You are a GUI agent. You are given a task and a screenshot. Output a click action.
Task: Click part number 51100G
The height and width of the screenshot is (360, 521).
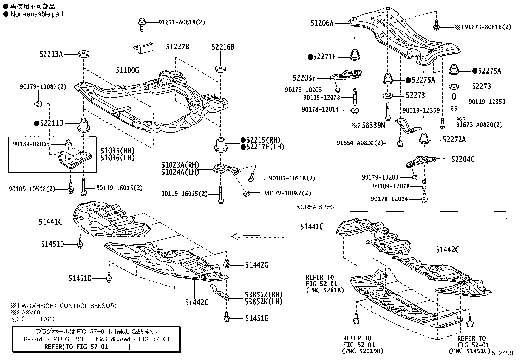coord(127,70)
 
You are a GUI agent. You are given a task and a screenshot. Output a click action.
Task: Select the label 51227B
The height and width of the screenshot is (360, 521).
coord(177,47)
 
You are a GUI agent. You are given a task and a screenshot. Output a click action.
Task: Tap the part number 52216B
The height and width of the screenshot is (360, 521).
coord(223,47)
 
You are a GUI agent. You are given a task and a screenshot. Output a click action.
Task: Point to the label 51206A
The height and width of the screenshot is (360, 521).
coord(322,23)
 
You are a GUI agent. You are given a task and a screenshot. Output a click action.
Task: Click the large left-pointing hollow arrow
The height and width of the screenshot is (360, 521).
coord(260,236)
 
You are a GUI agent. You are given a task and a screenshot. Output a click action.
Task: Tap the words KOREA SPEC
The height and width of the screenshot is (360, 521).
coord(315,207)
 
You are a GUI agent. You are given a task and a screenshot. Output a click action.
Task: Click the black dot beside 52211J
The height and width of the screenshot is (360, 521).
coord(36,123)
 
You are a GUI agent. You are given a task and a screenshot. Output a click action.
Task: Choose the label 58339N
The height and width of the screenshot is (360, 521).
coord(373,125)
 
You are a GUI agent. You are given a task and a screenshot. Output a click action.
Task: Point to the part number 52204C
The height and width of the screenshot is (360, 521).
coord(463,160)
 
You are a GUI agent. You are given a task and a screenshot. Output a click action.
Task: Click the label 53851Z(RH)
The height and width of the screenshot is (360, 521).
coord(264,294)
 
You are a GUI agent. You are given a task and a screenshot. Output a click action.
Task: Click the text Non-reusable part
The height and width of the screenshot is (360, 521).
coord(37,14)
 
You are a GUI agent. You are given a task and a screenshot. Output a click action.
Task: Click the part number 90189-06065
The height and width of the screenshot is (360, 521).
coord(31,144)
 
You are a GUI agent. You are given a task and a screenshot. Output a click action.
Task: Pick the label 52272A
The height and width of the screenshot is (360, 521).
coord(454,140)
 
